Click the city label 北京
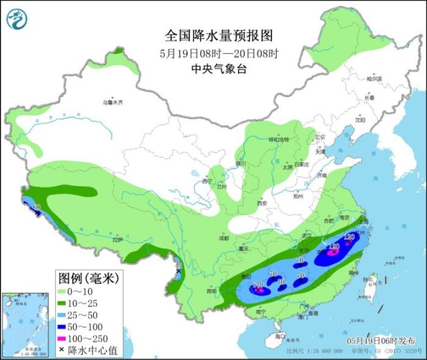[321, 137]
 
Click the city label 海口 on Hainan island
[280, 337]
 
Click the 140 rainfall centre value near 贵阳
[258, 284]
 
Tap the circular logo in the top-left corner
[18, 20]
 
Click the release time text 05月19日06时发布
[380, 340]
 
